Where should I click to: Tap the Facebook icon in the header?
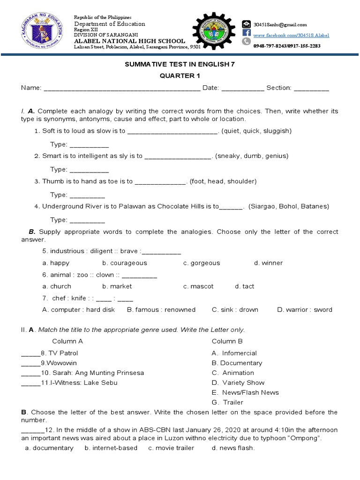247,33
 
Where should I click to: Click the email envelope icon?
247,24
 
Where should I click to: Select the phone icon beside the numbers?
247,42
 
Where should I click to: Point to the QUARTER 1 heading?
179,76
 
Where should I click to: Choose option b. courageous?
125,263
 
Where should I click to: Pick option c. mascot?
198,286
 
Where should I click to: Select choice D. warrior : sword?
304,309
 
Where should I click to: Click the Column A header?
67,341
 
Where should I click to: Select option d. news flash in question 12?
233,448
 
